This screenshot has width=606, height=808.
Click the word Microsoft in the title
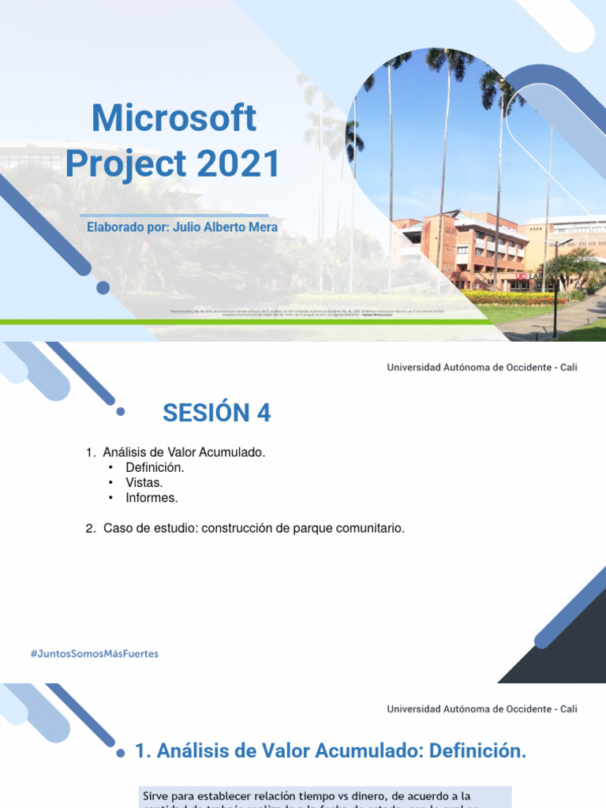pyautogui.click(x=174, y=119)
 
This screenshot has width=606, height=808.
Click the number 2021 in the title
pyautogui.click(x=238, y=163)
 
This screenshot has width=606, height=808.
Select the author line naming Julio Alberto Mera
pyautogui.click(x=182, y=227)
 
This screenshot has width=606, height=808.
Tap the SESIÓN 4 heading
pyautogui.click(x=216, y=412)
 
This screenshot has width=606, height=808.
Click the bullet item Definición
pyautogui.click(x=154, y=467)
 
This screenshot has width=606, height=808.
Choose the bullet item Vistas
pyautogui.click(x=144, y=482)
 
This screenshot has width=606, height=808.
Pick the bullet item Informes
pyautogui.click(x=151, y=498)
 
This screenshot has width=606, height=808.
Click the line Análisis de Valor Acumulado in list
pyautogui.click(x=185, y=452)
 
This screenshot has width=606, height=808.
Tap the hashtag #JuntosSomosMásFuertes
pyautogui.click(x=94, y=653)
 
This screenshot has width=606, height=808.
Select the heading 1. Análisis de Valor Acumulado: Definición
pyautogui.click(x=331, y=752)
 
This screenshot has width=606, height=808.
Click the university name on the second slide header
pyautogui.click(x=481, y=368)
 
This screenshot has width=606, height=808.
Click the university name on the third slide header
pyautogui.click(x=481, y=709)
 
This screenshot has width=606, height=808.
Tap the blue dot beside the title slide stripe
pyautogui.click(x=103, y=287)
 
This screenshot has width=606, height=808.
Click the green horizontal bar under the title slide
pyautogui.click(x=237, y=322)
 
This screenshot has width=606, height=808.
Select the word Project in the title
pyautogui.click(x=125, y=163)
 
